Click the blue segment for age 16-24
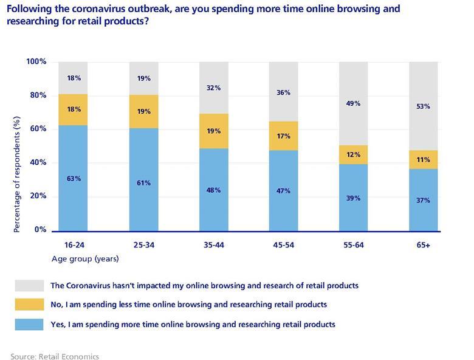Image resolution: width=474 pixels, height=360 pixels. tap(74, 178)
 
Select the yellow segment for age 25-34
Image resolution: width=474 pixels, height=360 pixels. tap(143, 111)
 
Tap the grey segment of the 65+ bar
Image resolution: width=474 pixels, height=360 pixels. tap(424, 106)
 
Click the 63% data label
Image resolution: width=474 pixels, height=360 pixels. tap(74, 178)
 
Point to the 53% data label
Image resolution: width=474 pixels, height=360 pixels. tap(424, 106)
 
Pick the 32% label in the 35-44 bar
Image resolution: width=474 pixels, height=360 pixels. tap(213, 88)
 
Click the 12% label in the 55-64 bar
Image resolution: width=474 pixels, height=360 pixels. tap(353, 154)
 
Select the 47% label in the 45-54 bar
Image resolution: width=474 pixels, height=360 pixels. tap(283, 190)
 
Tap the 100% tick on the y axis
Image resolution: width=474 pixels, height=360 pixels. tap(36, 61)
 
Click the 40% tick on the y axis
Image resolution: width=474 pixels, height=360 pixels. tap(38, 162)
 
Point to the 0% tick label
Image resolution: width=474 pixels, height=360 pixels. tap(39, 230)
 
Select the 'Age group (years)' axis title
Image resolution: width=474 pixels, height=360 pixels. tap(85, 259)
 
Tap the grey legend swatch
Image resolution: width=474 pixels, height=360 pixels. tap(30, 285)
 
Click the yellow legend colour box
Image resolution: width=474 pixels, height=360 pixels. tap(30, 304)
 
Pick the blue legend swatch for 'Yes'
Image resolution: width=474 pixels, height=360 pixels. tap(30, 324)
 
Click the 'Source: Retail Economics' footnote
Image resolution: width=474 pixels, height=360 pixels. tap(55, 356)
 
